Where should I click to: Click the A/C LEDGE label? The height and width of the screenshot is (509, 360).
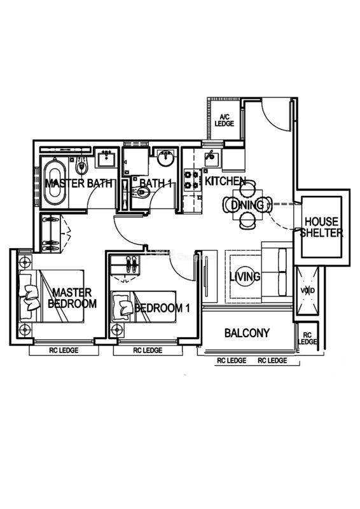click(x=225, y=120)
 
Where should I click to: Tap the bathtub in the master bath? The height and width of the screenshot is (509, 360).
click(x=55, y=183)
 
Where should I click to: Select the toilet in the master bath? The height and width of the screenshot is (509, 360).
click(x=81, y=165)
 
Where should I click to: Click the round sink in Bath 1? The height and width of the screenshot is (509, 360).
click(x=166, y=157)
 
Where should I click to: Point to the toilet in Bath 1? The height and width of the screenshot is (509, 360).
click(x=142, y=193)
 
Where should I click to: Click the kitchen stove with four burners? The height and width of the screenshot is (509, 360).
click(x=192, y=180)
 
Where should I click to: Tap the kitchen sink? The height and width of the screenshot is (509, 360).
click(x=211, y=158)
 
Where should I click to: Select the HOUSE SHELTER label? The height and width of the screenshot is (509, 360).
click(x=321, y=227)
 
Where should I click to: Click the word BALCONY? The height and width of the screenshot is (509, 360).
click(x=247, y=333)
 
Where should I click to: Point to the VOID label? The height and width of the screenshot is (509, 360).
click(x=307, y=290)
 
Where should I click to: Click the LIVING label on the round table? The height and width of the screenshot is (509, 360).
click(x=245, y=277)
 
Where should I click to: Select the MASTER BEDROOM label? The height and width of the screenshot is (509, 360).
click(x=72, y=298)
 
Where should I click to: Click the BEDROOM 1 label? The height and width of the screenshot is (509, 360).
click(x=162, y=308)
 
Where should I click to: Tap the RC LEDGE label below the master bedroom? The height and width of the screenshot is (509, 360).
click(x=64, y=351)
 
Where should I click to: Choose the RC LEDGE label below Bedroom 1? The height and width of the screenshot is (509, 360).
click(x=148, y=351)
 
